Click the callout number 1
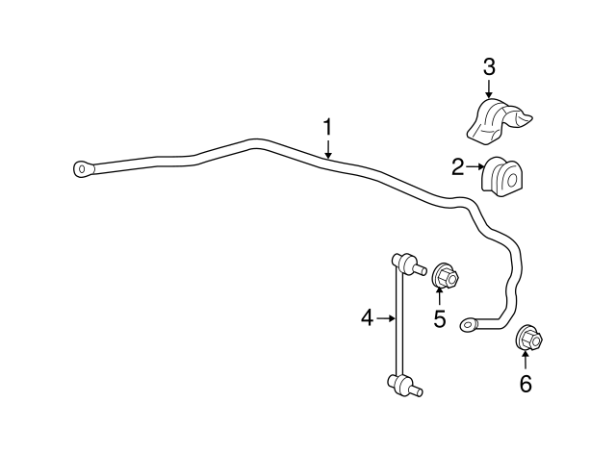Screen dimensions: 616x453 click(x=327, y=126)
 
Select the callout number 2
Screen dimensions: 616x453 click(x=458, y=167)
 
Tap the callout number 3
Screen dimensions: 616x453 click(x=489, y=67)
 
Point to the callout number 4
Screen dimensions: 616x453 click(x=367, y=317)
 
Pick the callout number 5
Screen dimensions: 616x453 click(x=440, y=318)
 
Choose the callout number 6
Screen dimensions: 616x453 click(x=526, y=383)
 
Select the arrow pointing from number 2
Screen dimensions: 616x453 click(x=475, y=166)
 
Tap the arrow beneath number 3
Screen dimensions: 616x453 click(x=489, y=88)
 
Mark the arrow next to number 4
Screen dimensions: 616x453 click(x=385, y=318)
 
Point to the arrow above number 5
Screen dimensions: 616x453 click(x=440, y=296)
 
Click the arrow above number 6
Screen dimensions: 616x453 click(x=526, y=361)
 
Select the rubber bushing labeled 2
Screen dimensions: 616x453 click(x=504, y=177)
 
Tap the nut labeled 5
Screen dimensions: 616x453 click(x=446, y=276)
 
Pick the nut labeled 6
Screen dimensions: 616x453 click(x=528, y=338)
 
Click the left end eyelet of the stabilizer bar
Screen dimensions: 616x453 click(x=84, y=169)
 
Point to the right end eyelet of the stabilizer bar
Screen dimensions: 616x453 click(x=469, y=324)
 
